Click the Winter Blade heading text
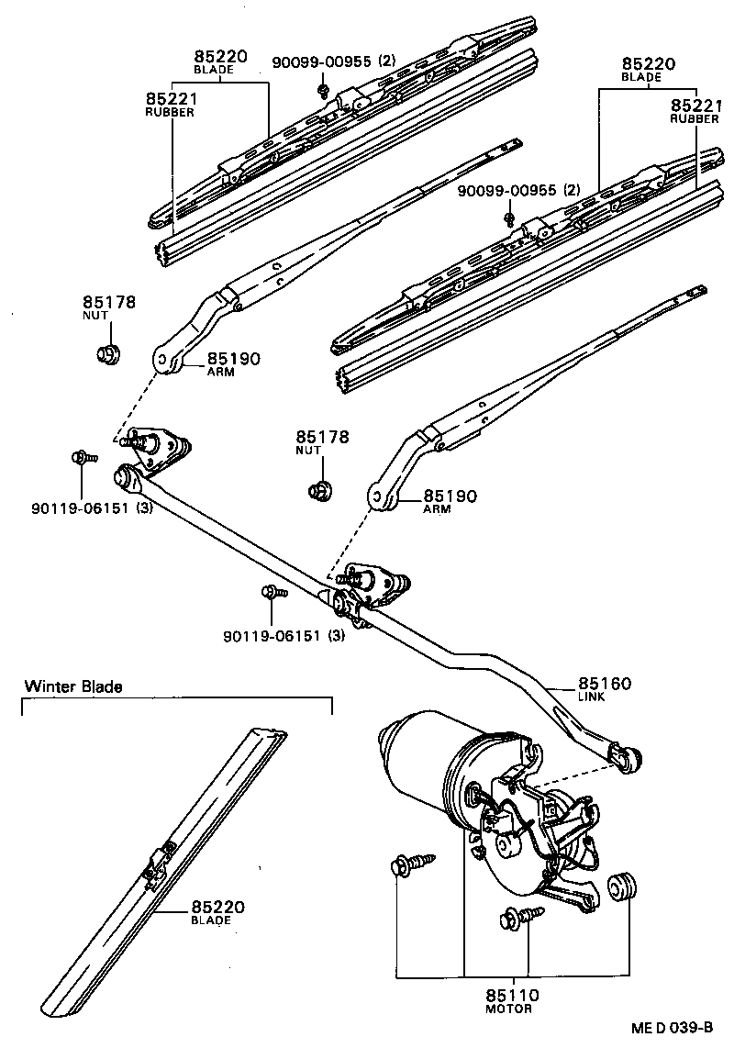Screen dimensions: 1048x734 click(x=73, y=686)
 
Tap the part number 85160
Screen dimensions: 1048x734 click(x=605, y=684)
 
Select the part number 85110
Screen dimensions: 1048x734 click(x=513, y=995)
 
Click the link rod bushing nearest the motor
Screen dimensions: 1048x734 click(x=628, y=757)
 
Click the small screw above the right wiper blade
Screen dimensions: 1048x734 click(x=509, y=218)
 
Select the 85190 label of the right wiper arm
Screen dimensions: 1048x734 click(x=450, y=496)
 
